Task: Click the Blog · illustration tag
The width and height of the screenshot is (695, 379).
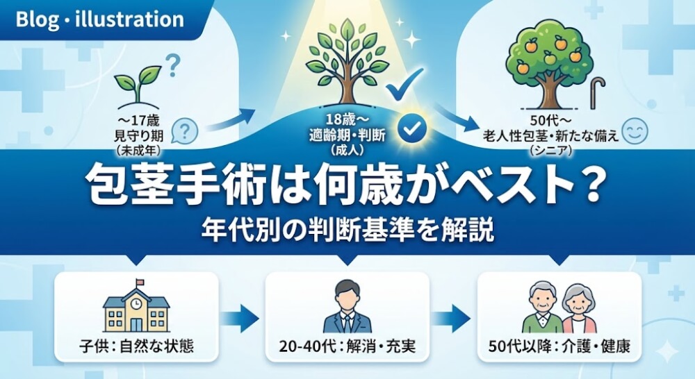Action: point(99,19)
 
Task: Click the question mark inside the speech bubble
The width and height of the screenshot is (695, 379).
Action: point(184,130)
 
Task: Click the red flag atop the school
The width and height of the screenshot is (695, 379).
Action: point(140,282)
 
